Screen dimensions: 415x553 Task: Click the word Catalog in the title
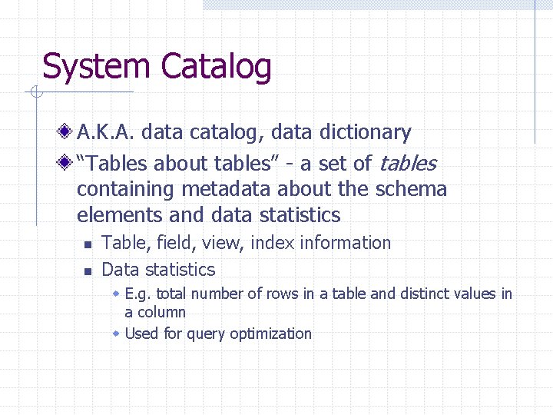pos(216,67)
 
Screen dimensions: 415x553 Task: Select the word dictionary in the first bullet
pos(363,133)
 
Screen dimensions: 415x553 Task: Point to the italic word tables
pos(407,164)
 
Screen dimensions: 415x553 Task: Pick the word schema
pos(415,189)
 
